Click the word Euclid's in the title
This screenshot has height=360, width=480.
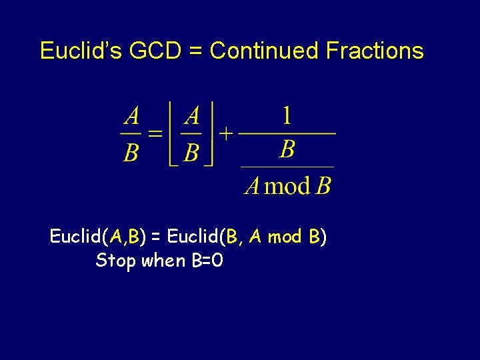pos(79,51)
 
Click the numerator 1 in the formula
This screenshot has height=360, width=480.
pos(287,117)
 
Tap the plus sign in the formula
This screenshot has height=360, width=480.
pos(226,134)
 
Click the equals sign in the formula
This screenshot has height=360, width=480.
pos(155,134)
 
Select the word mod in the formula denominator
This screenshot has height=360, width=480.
pos(288,185)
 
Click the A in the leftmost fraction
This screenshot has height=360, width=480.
pos(132,117)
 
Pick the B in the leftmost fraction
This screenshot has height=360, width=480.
pos(131,153)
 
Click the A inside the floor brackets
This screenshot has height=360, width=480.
pos(192,117)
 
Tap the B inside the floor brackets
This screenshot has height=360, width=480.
pos(191,153)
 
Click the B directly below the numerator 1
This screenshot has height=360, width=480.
pos(287,149)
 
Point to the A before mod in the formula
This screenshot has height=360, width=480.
pos(252,185)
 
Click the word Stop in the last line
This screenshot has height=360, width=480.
pos(114,260)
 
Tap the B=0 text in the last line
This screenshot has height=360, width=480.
pos(206,260)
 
